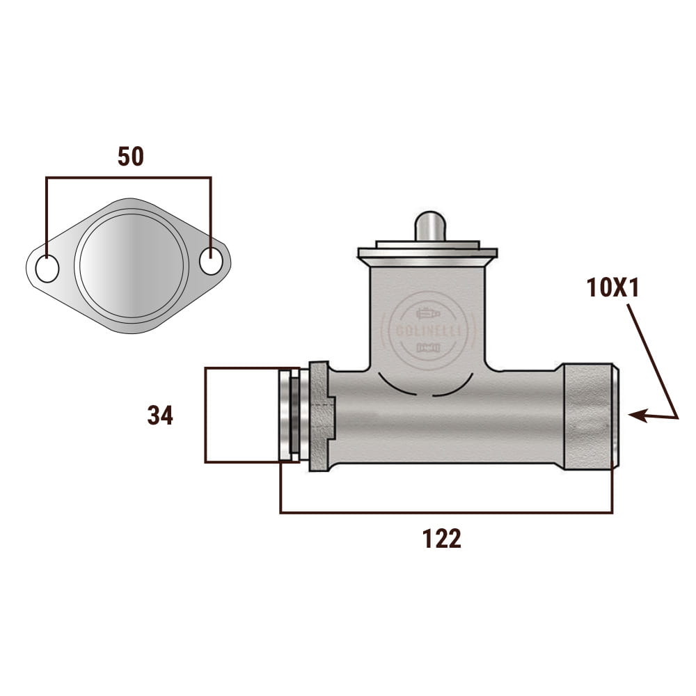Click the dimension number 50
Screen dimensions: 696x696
point(131,156)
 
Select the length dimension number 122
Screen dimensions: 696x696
point(442,539)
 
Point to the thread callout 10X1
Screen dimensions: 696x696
point(613,287)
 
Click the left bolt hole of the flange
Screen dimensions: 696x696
point(47,269)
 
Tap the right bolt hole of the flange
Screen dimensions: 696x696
point(212,260)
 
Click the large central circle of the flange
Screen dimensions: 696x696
point(132,265)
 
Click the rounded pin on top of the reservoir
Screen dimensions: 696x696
point(429,226)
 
